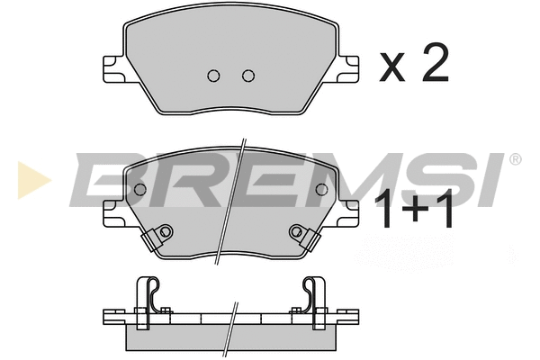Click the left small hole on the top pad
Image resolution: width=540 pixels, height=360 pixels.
click(x=214, y=75)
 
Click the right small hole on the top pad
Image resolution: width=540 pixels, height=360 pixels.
click(x=247, y=75)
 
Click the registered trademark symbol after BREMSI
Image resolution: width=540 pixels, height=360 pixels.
click(x=515, y=160)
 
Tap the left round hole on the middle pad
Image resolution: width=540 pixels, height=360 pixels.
click(x=139, y=190)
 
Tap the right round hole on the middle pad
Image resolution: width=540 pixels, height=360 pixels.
click(x=321, y=190)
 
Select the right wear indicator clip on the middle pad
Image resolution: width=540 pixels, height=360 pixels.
click(x=301, y=236)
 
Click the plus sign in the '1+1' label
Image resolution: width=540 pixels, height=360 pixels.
click(x=417, y=213)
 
